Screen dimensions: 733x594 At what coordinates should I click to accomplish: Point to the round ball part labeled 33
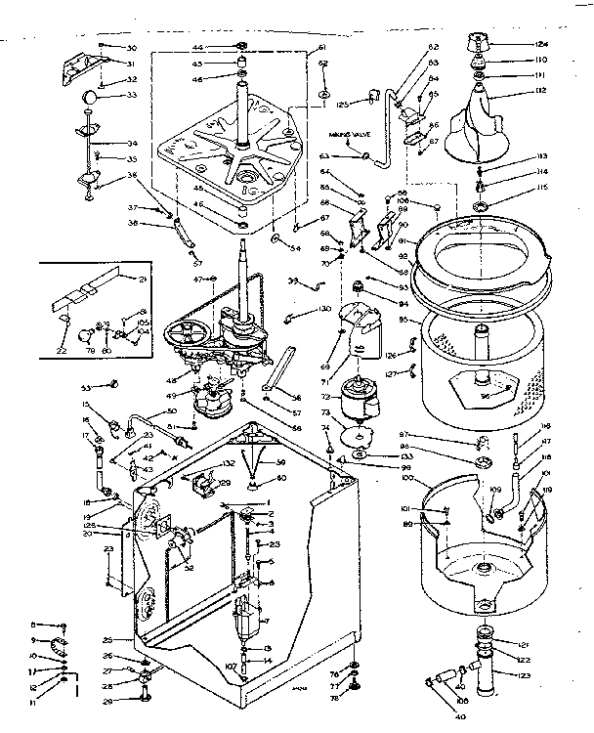(x=89, y=97)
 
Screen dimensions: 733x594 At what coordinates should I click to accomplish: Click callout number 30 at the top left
(x=133, y=48)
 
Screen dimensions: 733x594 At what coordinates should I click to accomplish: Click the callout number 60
(x=280, y=478)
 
